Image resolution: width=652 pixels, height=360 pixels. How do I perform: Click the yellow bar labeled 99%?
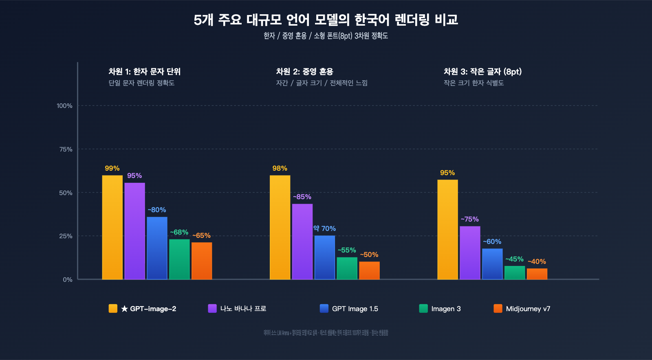point(112,227)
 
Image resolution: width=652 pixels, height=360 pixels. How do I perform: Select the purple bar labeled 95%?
point(134,231)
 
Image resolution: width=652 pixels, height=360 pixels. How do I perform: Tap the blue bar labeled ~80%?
point(157,248)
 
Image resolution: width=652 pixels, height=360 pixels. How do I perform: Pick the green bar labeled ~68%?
point(179,259)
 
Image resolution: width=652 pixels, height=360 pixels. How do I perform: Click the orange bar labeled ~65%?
point(202,261)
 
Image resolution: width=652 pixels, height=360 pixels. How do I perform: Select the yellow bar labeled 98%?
point(280,227)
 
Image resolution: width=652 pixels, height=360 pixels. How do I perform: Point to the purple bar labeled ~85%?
point(302,241)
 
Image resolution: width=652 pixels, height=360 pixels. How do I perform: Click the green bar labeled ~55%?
point(347,268)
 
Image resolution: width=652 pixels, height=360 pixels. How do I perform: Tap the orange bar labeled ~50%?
point(369,270)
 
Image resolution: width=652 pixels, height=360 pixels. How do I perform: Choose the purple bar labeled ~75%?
point(470,252)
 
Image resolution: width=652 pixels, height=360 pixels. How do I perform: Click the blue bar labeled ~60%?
point(492,264)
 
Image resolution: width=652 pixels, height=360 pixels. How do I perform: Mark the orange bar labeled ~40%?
point(537,274)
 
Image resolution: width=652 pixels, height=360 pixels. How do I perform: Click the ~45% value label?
point(514,259)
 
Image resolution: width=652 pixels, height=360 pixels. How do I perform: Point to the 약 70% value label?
point(324,228)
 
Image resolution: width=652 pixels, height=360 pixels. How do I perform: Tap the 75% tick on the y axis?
point(66,149)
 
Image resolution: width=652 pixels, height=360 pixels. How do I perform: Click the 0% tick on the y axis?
point(67,279)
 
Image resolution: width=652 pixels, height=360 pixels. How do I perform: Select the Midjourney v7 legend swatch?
point(498,308)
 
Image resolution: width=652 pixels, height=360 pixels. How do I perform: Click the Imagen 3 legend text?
point(446,309)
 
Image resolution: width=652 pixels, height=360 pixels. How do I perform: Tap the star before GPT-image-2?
point(124,309)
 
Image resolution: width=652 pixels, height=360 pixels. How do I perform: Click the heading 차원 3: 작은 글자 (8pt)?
point(482,72)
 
